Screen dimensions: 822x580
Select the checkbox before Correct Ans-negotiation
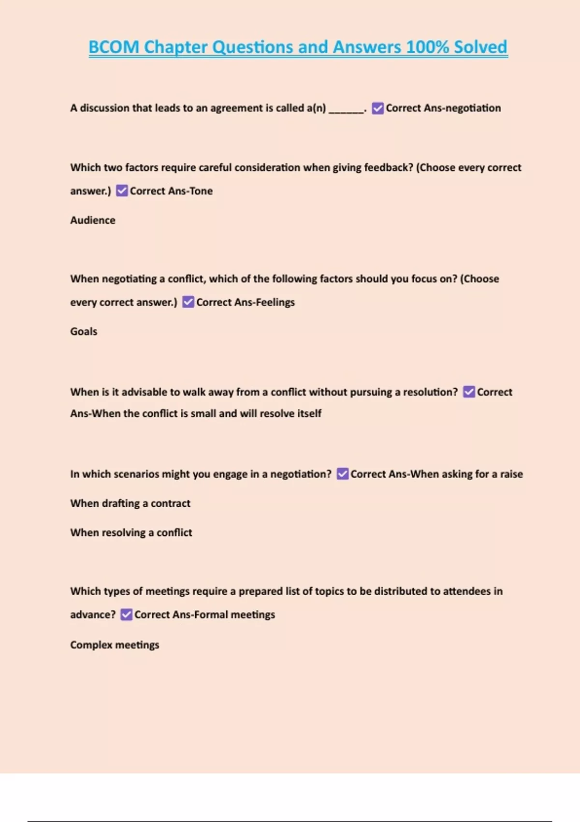click(x=378, y=108)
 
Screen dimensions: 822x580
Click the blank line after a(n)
click(x=346, y=109)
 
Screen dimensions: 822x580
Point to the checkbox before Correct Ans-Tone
click(x=122, y=191)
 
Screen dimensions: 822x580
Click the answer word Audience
click(x=93, y=220)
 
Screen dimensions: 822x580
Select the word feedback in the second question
click(x=388, y=167)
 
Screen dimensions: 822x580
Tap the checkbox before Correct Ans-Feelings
click(x=188, y=302)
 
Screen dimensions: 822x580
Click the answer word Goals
click(x=84, y=331)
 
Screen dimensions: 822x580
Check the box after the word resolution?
click(x=469, y=392)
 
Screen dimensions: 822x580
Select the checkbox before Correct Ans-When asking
click(x=342, y=474)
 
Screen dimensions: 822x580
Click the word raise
click(x=511, y=474)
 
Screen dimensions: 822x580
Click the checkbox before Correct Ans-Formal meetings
click(x=126, y=615)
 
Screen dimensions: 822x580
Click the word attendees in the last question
click(x=466, y=591)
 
